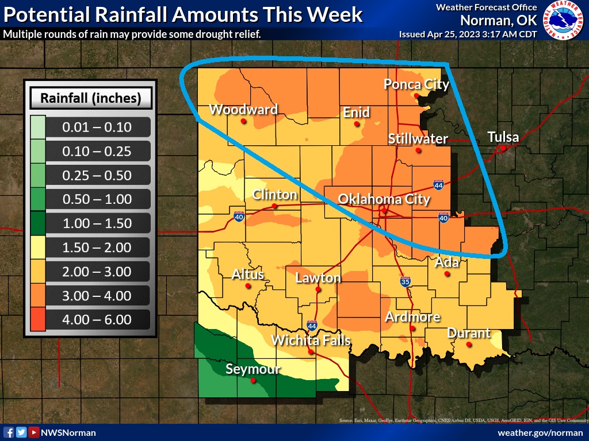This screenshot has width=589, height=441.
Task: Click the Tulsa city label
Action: tap(503, 137)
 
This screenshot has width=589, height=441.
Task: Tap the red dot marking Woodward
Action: tap(244, 121)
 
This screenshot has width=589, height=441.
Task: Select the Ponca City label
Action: tap(416, 84)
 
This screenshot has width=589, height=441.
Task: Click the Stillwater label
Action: tap(418, 138)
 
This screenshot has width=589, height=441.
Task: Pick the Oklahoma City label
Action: tap(384, 199)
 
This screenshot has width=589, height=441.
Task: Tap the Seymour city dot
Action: tap(253, 380)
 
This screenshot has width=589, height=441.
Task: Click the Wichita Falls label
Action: tap(311, 340)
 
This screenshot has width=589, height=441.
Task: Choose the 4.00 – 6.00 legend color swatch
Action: tap(36, 320)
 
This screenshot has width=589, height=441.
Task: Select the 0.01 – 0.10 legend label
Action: tap(97, 127)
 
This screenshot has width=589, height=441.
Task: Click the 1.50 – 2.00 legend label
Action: tap(97, 248)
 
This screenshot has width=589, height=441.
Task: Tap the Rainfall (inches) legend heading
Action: tap(91, 98)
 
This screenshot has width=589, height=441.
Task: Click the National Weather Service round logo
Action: tap(563, 20)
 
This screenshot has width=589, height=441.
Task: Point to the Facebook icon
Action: tap(9, 432)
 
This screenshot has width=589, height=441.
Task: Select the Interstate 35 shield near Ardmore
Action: tap(405, 281)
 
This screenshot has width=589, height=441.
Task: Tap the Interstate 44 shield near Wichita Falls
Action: tap(312, 325)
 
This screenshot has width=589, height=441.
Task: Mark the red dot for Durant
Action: tap(469, 345)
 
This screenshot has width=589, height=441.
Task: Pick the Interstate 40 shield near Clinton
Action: tap(239, 216)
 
